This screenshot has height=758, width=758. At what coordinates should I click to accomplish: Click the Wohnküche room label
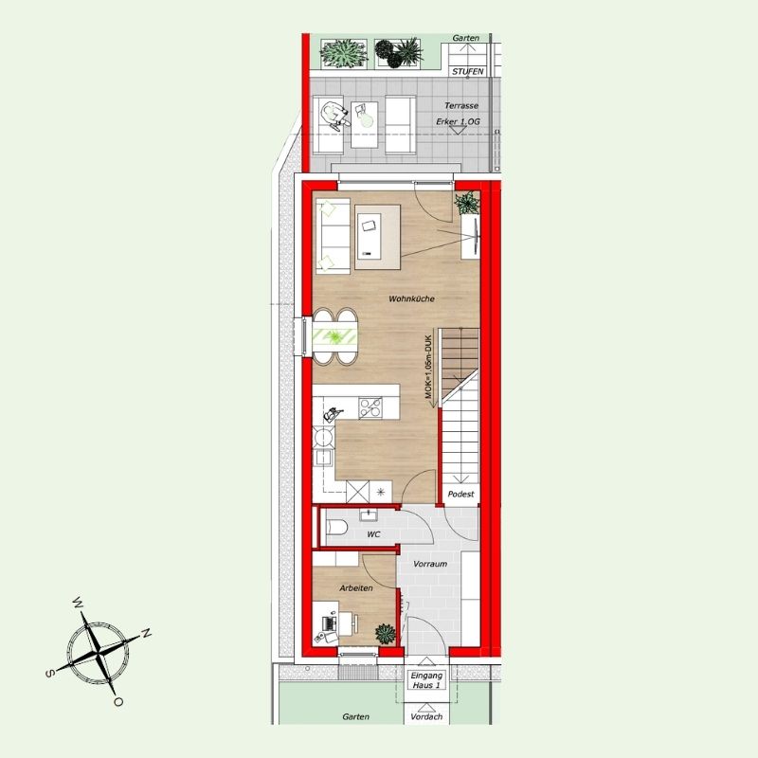pos(411,298)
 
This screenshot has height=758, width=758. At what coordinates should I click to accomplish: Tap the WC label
pos(373,534)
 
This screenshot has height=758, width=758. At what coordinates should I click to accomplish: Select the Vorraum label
pos(430,564)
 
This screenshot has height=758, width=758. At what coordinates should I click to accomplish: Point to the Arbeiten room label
pos(356,588)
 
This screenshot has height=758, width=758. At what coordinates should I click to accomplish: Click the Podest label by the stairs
pos(460,494)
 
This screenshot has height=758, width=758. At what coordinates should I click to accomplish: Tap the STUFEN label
pos(467,72)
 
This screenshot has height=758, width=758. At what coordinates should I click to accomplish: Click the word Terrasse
pos(461,105)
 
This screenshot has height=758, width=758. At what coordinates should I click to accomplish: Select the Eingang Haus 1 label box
pos(426,680)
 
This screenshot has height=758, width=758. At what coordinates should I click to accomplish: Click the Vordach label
pos(426,717)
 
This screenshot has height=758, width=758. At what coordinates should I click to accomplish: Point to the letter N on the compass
pos(146,633)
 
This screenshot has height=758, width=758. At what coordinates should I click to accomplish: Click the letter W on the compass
pos(78,602)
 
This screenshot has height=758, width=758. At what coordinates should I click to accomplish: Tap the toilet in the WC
pos(336,527)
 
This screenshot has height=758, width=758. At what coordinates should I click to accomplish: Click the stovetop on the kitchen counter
pos(370,407)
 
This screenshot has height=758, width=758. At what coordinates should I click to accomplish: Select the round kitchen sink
pos(323,438)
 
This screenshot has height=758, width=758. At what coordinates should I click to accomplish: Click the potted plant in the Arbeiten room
pos(386,634)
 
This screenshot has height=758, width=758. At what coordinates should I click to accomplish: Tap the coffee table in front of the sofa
pos(377,237)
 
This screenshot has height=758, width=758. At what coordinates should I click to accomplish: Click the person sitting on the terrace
pos(335,114)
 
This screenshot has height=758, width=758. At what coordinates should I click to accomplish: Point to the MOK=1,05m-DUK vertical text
pos(428,367)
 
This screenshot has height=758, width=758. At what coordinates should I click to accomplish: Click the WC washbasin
pos(370,514)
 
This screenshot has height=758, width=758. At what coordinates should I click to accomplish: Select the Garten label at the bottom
pos(356,717)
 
